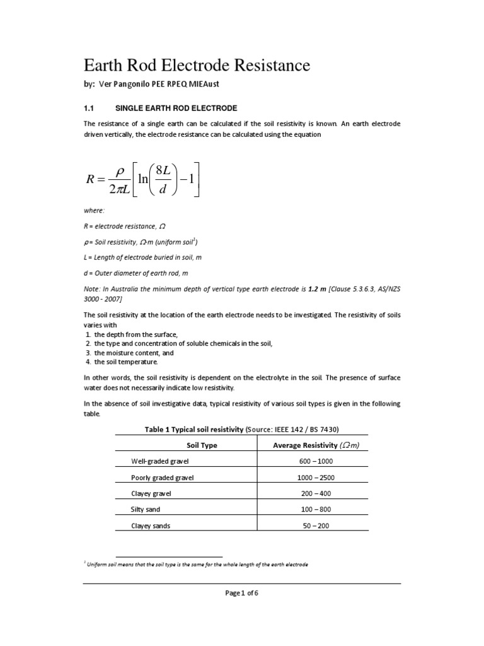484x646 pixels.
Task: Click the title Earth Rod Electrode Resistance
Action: (197, 65)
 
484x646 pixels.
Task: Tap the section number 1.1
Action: (89, 109)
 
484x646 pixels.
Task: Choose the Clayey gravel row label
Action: (154, 493)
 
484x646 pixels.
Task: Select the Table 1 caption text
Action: (242, 429)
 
